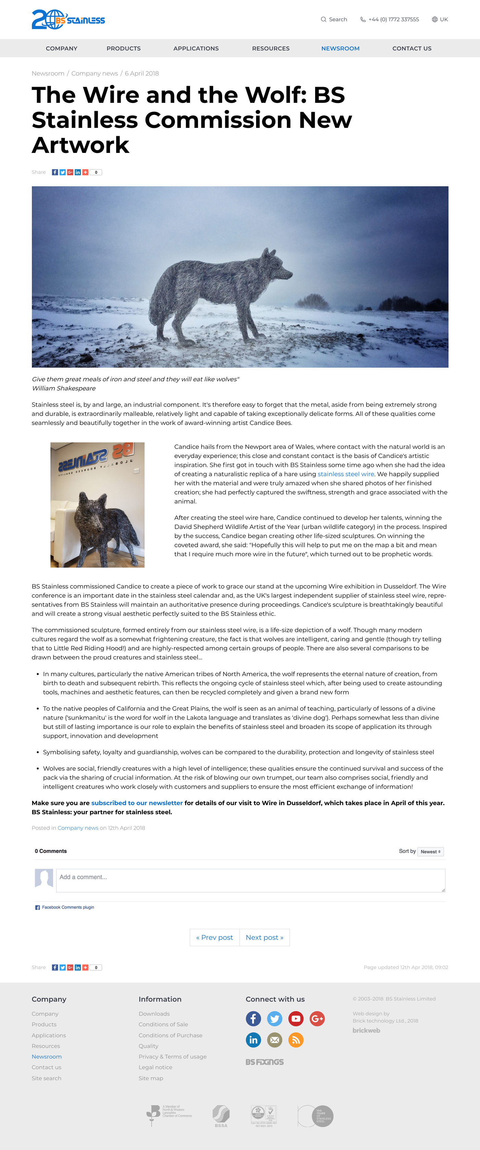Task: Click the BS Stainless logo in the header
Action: coord(68,20)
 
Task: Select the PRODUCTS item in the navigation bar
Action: coord(123,49)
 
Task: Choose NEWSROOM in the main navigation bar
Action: coord(340,49)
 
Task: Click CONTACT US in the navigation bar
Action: coord(411,49)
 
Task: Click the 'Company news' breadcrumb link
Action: coord(94,74)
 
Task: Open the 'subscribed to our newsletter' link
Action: coord(137,803)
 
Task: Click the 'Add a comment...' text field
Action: coord(250,880)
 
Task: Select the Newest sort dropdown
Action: coord(430,852)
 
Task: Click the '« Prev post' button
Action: coord(214,937)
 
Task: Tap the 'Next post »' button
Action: coord(264,937)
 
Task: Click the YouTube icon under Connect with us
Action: coord(296,1019)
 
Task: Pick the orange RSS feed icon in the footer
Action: coord(296,1040)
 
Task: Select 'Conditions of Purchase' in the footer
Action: coord(170,1035)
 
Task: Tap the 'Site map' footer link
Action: coord(151,1078)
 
